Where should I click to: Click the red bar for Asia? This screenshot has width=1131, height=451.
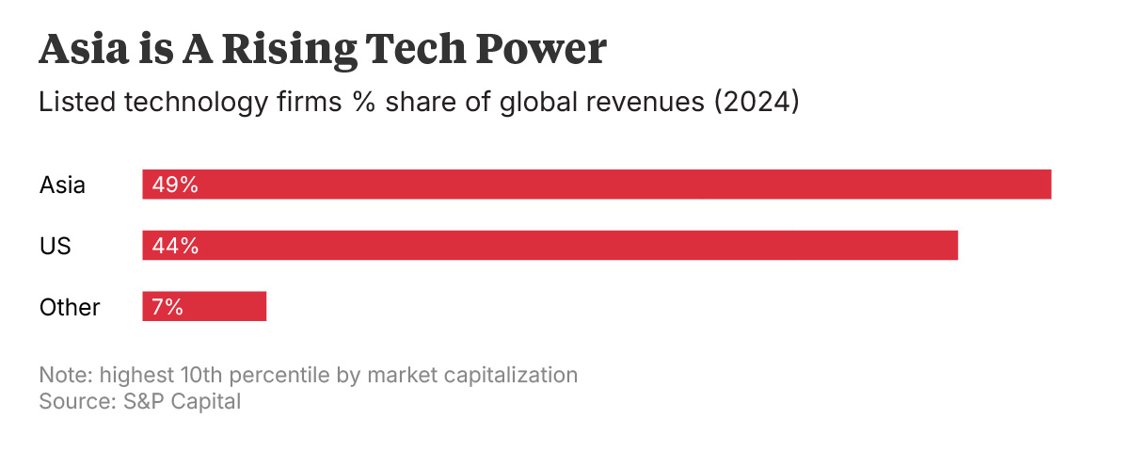click(597, 185)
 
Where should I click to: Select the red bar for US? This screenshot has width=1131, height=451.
click(550, 246)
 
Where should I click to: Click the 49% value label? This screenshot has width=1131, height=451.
click(175, 185)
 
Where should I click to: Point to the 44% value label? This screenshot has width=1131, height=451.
click(175, 246)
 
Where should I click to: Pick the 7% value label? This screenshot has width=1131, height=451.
click(167, 307)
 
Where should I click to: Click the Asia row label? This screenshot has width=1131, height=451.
click(62, 185)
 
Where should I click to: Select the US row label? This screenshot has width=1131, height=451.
click(56, 247)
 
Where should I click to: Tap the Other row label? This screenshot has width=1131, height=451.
click(70, 307)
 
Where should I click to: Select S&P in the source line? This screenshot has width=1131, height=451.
click(137, 401)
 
